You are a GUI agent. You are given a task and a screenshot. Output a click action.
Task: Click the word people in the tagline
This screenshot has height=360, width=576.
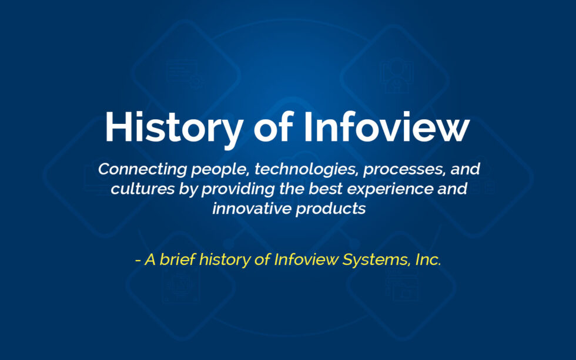click(x=203, y=170)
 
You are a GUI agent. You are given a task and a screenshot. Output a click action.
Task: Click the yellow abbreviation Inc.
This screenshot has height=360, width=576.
click(x=428, y=260)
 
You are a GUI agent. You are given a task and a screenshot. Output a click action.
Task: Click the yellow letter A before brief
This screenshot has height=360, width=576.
click(x=150, y=260)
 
